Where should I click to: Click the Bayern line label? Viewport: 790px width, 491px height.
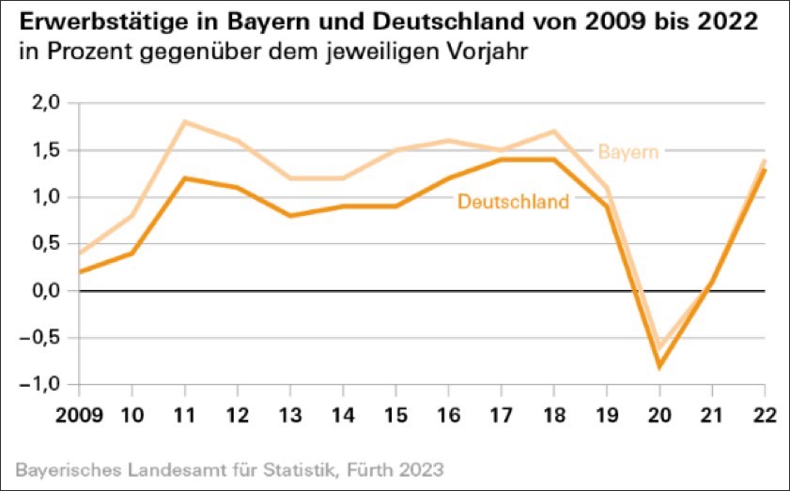pyautogui.click(x=627, y=150)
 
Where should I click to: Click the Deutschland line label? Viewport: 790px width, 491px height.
pyautogui.click(x=513, y=201)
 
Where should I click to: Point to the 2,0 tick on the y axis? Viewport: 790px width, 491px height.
pyautogui.click(x=46, y=103)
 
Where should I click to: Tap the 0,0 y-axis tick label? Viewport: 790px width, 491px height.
pyautogui.click(x=46, y=291)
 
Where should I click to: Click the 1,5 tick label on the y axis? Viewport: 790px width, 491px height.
pyautogui.click(x=46, y=150)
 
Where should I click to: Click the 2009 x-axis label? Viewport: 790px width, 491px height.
pyautogui.click(x=79, y=414)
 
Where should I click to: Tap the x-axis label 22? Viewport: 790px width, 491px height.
pyautogui.click(x=765, y=414)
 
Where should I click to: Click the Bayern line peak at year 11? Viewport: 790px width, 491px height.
pyautogui.click(x=185, y=122)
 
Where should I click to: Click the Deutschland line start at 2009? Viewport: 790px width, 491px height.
pyautogui.click(x=80, y=272)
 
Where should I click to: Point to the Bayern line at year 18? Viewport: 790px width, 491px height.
pyautogui.click(x=554, y=131)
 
